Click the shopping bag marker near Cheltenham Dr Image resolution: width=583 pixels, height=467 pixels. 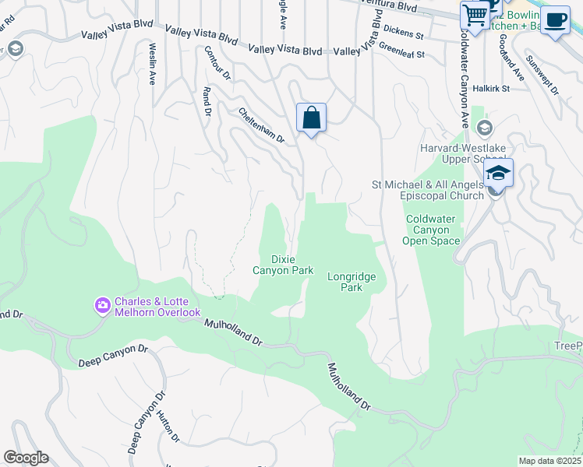311,118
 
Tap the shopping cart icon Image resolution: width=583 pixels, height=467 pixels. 474,14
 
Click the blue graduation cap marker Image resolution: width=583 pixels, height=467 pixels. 497,173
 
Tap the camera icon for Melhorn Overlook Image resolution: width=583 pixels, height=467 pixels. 102,305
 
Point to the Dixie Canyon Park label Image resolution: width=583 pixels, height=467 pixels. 282,265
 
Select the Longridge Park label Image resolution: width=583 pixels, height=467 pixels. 352,282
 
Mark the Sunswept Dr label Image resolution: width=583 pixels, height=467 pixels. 542,75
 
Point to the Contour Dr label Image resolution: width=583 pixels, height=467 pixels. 217,63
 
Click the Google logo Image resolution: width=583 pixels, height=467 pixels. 26,458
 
